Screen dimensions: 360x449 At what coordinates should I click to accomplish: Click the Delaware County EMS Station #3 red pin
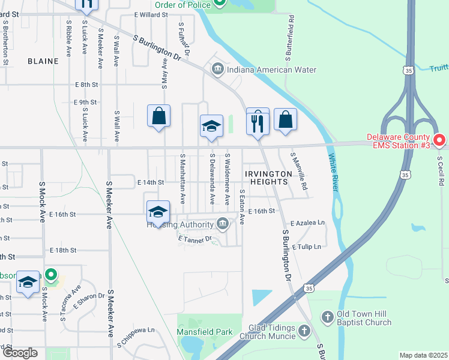pos(439,140)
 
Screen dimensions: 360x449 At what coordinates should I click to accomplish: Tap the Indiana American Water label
pos(271,70)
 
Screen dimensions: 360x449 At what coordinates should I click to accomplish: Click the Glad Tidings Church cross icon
pos(304,330)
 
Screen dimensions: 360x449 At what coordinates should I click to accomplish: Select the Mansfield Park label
pos(204,331)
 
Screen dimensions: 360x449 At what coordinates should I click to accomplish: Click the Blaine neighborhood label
pos(43,61)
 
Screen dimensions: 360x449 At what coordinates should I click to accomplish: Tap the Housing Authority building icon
pos(223,224)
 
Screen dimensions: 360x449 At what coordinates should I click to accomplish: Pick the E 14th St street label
pos(150,182)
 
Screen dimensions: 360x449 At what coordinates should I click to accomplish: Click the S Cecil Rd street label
pos(440,171)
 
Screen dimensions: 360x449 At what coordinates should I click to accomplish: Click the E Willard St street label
pos(150,13)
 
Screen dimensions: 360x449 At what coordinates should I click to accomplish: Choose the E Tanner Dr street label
pos(195,239)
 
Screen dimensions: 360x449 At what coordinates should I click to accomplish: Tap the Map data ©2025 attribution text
pos(423,355)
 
